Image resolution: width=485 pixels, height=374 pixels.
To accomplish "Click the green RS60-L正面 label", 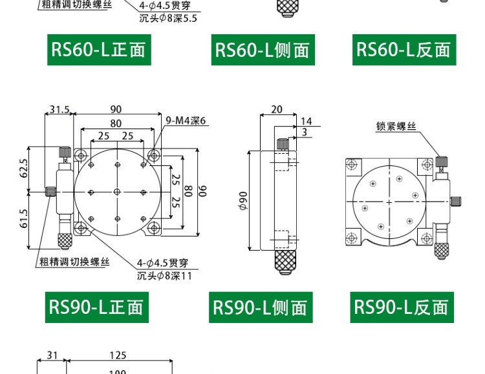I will [98, 49].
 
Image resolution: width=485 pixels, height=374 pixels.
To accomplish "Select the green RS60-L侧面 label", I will [263, 50].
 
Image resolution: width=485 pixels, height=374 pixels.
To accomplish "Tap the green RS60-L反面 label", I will [404, 49].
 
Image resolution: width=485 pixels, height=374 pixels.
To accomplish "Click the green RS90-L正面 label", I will [96, 307].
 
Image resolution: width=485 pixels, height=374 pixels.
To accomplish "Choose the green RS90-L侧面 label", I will [261, 307].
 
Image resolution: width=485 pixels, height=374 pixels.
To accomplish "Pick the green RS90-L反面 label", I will [402, 307].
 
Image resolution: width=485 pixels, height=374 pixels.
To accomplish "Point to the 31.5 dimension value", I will [59, 109].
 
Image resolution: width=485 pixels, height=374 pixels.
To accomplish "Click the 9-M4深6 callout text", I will [186, 121].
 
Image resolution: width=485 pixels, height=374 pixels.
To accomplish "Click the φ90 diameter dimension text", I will [243, 201].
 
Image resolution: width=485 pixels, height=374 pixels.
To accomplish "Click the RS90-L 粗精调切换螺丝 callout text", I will [74, 262].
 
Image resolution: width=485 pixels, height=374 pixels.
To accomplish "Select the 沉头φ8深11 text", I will [164, 276].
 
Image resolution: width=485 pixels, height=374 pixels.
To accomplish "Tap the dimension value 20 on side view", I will [277, 109].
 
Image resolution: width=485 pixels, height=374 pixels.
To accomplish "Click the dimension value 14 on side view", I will [307, 121].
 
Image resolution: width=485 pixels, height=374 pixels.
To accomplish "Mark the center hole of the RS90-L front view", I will [117, 192].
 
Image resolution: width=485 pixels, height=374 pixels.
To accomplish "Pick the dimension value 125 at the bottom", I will [118, 355].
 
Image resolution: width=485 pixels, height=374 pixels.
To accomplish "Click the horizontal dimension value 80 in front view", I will [116, 123].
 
